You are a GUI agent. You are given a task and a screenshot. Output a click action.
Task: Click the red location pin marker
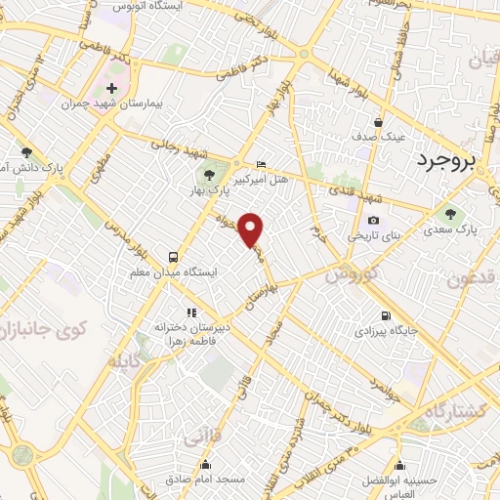[252, 229]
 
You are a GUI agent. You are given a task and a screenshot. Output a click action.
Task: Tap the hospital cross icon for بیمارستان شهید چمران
[111, 88]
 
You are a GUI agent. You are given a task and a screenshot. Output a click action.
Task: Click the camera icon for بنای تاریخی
[372, 221]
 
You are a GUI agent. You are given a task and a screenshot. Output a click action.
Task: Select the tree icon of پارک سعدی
[450, 215]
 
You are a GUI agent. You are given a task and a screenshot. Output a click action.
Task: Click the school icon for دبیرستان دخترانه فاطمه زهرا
[177, 312]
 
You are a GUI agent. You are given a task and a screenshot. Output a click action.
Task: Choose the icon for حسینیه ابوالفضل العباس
[398, 465]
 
